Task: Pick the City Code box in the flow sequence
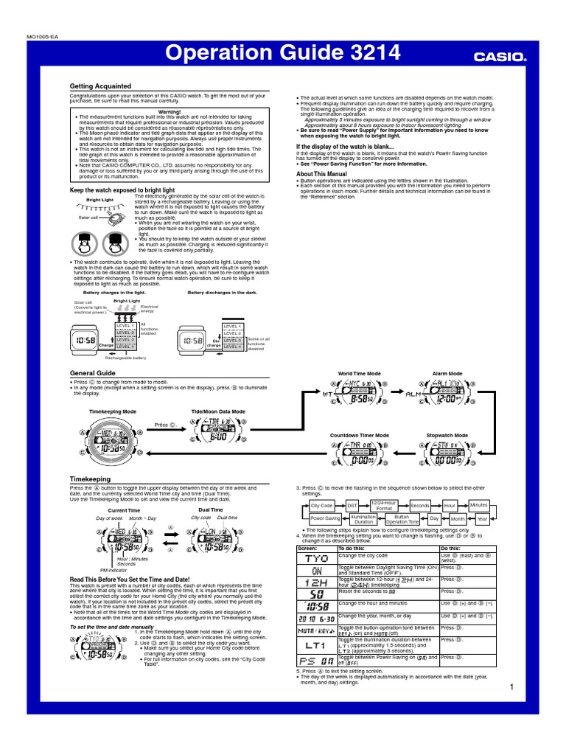321,505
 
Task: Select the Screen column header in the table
307,549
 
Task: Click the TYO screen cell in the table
316,558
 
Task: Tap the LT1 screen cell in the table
316,646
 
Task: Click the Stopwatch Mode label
447,436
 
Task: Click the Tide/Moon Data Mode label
218,411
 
